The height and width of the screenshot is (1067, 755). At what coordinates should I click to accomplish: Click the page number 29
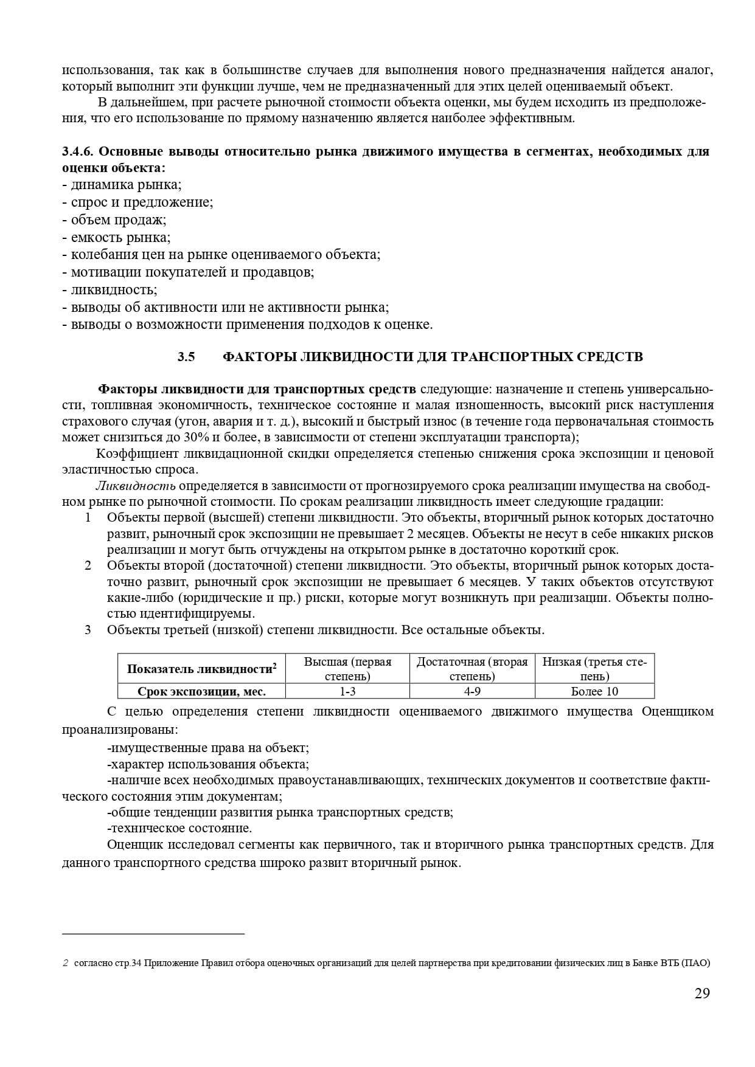(701, 993)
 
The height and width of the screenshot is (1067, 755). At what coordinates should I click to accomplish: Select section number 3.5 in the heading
(186, 357)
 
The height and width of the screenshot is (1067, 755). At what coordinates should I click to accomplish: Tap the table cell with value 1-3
(347, 691)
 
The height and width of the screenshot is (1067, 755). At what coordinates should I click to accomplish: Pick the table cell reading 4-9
(472, 691)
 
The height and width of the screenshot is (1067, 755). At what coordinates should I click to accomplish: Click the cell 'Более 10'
(594, 691)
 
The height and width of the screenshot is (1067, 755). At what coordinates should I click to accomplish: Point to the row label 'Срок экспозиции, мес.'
(201, 691)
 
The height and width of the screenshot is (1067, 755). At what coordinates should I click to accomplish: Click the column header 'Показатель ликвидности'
(201, 669)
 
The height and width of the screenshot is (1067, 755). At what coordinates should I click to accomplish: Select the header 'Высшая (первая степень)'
(347, 668)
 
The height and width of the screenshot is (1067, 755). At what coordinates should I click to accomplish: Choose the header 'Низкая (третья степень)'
(594, 668)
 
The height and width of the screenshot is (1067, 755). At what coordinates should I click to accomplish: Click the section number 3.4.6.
(77, 151)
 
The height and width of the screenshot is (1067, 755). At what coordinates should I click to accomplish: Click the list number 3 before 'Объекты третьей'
(88, 630)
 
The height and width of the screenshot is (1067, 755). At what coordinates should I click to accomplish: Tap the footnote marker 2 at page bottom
(66, 963)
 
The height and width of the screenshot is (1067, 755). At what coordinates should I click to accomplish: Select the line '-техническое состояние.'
(179, 828)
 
